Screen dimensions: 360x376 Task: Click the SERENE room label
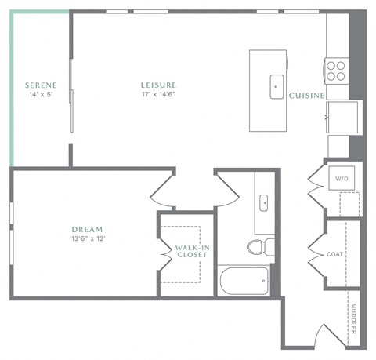(x=38, y=85)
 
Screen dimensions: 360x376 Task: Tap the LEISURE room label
(x=158, y=85)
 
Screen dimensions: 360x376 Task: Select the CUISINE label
(x=306, y=95)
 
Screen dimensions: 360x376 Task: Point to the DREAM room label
(x=88, y=229)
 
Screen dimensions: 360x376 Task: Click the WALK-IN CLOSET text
(x=191, y=252)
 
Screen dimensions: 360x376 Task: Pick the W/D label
(x=342, y=179)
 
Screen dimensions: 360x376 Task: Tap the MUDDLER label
(x=353, y=318)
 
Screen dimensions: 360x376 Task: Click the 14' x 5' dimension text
(x=38, y=94)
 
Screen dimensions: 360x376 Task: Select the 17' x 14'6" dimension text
(x=158, y=94)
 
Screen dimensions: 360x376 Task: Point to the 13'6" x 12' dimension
(x=88, y=238)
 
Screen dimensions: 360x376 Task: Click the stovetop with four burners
(x=336, y=71)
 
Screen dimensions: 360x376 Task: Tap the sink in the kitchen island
(x=277, y=86)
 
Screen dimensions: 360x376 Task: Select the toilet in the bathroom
(x=258, y=248)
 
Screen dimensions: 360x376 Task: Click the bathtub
(x=244, y=281)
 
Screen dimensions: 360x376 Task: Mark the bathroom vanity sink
(x=264, y=203)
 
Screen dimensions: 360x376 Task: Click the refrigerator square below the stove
(x=342, y=117)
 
